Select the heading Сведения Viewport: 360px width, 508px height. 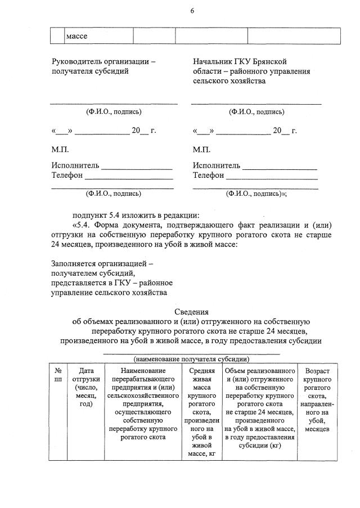click(x=191, y=312)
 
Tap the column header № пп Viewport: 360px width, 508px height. click(x=57, y=376)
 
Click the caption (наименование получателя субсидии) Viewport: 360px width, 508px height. click(x=191, y=359)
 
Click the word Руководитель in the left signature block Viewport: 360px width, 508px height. click(x=73, y=61)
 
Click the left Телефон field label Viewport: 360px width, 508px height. click(x=67, y=175)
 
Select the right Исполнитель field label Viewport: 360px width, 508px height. click(x=216, y=165)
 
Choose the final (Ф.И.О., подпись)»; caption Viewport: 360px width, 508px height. click(x=256, y=194)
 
